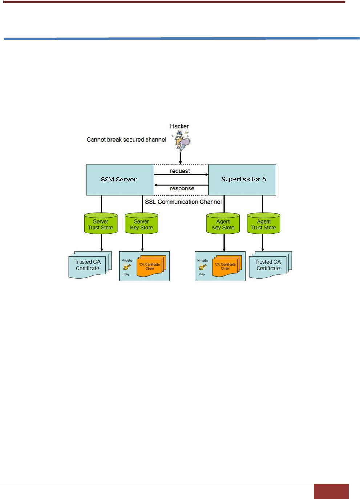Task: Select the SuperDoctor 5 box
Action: point(242,180)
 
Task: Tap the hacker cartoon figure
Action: point(181,140)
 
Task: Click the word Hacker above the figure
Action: point(179,126)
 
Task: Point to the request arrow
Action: point(181,175)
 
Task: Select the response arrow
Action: point(181,185)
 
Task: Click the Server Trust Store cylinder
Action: point(101,224)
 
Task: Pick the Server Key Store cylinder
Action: point(141,224)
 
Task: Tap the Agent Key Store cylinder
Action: point(223,224)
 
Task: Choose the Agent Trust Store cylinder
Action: point(263,224)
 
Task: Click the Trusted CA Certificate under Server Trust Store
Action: point(88,265)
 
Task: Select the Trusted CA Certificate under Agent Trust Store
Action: point(268,265)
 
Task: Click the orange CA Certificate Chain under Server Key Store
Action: point(150,267)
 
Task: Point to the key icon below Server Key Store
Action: point(127,267)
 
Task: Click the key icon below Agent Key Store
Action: point(202,267)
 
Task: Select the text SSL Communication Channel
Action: point(183,202)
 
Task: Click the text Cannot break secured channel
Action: point(126,140)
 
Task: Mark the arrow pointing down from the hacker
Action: point(181,158)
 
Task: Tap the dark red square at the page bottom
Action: point(331,491)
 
